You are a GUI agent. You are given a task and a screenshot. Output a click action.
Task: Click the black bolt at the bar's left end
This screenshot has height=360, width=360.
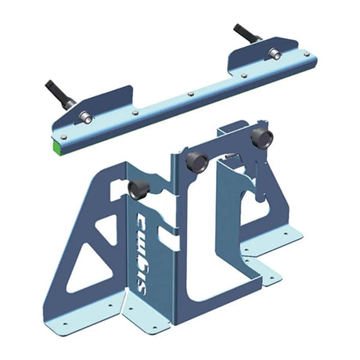coord(60,94)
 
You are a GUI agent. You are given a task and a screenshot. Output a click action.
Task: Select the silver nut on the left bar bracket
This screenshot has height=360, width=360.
coord(87,117)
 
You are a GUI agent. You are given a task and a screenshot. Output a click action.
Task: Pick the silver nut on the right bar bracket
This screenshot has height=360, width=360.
coord(273,54)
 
